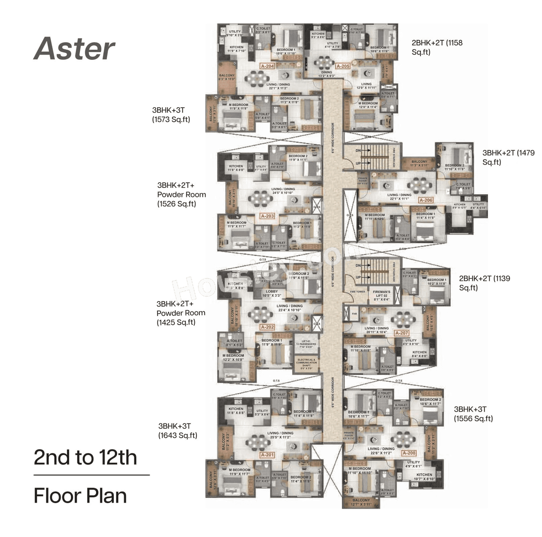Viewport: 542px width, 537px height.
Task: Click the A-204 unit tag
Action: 267,66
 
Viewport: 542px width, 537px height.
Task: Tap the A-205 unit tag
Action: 343,66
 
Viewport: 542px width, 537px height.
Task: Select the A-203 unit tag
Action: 267,216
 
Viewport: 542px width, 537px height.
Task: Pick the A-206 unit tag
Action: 426,200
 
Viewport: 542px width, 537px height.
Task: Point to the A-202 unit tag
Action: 267,327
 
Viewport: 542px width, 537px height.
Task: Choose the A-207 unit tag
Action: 401,333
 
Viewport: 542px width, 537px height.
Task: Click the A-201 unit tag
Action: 267,455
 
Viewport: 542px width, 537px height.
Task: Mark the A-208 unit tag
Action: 409,453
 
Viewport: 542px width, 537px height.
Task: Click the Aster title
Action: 75,48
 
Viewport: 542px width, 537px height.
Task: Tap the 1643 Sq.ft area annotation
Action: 178,435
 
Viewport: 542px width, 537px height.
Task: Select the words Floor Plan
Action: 80,496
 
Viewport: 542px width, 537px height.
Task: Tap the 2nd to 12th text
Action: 85,457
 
